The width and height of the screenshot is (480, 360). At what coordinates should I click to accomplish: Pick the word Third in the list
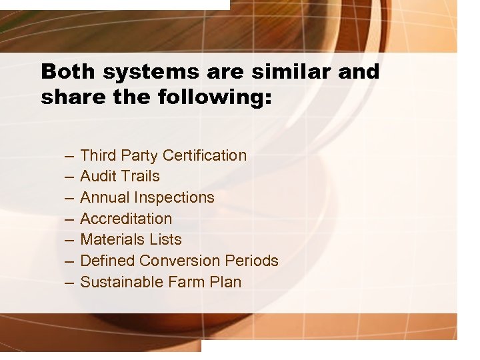click(x=97, y=155)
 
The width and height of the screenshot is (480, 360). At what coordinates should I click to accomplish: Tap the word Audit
click(x=97, y=177)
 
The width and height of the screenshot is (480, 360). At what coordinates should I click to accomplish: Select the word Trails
click(x=139, y=177)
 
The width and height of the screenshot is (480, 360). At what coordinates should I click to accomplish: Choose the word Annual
click(x=105, y=198)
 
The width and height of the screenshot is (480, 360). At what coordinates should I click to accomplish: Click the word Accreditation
click(x=126, y=219)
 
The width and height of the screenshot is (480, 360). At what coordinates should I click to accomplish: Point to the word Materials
click(x=111, y=240)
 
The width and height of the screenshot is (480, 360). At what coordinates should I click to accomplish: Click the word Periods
click(x=253, y=261)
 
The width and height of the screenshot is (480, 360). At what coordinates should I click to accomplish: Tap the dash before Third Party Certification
click(x=69, y=157)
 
